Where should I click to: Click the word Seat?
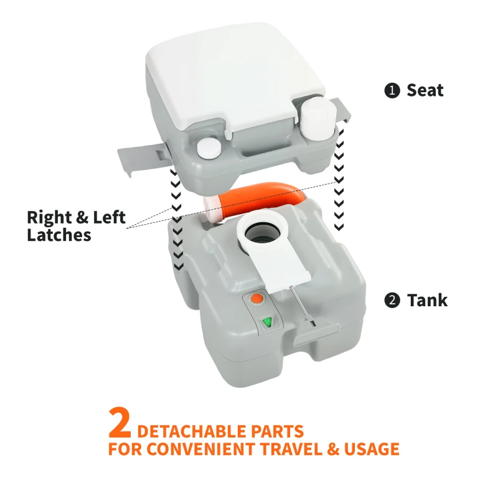(425, 90)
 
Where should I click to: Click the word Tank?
(427, 300)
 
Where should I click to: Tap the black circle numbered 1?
(392, 91)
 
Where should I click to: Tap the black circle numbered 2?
(392, 301)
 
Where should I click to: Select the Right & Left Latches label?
(76, 227)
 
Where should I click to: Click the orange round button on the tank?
(255, 299)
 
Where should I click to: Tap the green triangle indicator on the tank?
(268, 322)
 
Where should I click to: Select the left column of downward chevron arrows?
(177, 218)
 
